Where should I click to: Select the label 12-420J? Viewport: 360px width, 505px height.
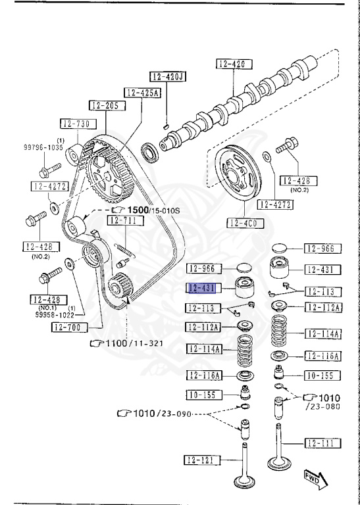point(168,76)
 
